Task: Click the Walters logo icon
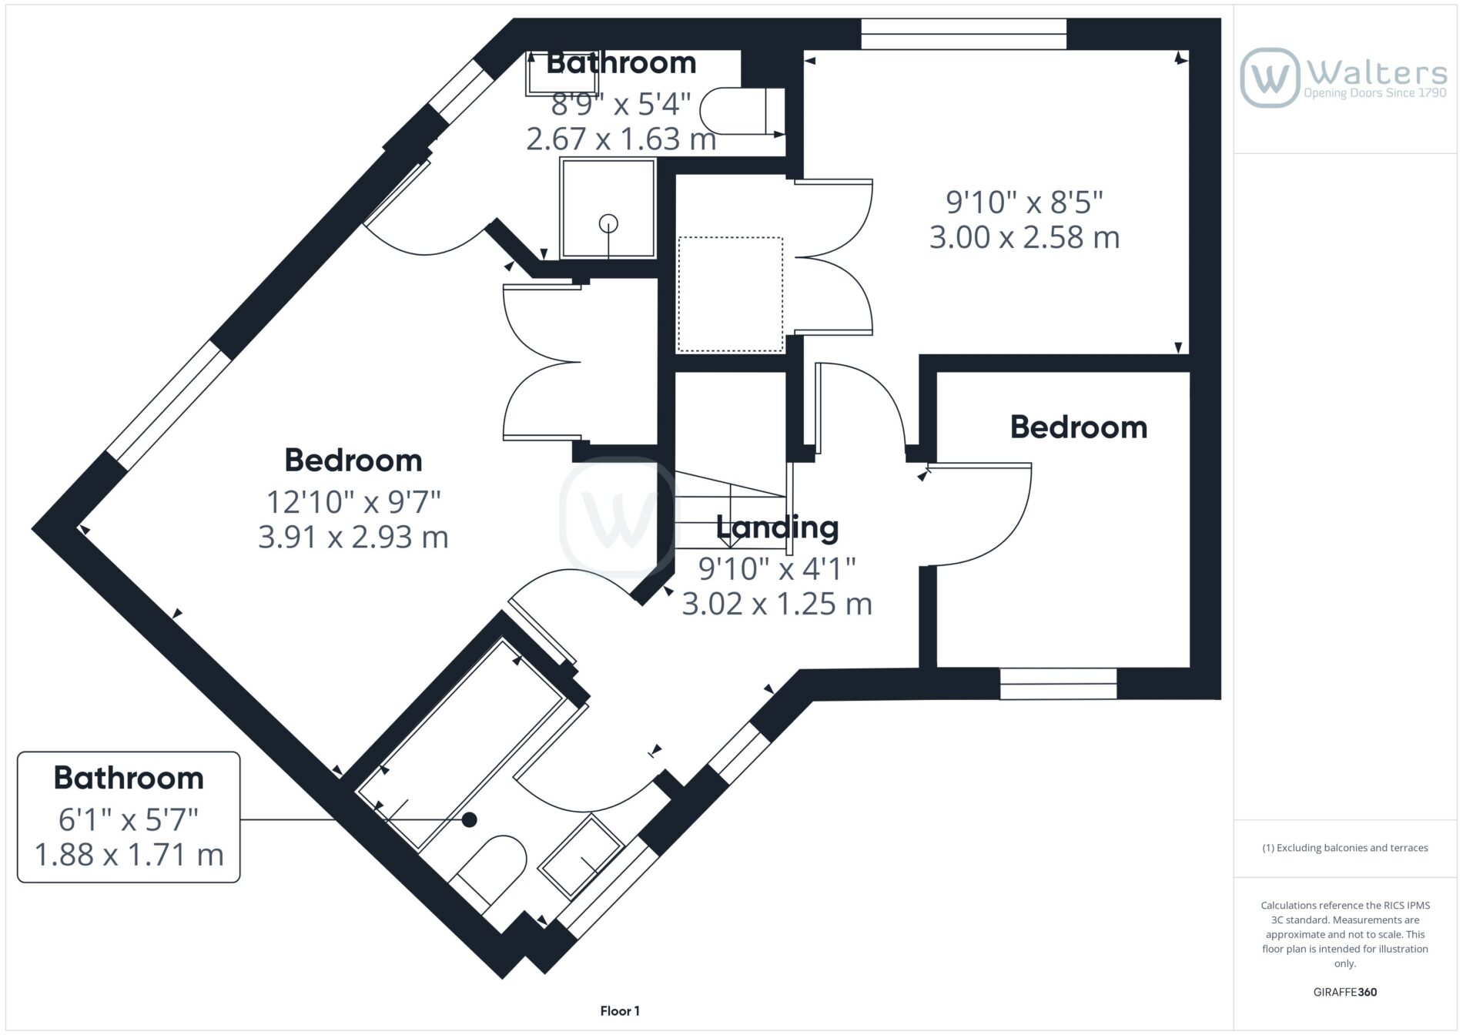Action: tap(1270, 77)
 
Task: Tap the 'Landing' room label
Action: tap(777, 528)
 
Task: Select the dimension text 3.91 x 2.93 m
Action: tap(353, 537)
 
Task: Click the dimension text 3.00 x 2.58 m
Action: tap(1024, 237)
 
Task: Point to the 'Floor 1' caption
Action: tap(620, 1011)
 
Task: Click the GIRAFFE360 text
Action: tap(1345, 992)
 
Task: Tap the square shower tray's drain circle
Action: tap(608, 223)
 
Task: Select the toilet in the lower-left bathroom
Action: tap(490, 873)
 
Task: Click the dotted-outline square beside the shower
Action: tap(730, 294)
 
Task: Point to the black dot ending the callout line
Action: tap(469, 820)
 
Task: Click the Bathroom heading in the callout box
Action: tap(129, 778)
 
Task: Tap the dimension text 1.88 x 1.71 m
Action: tap(129, 855)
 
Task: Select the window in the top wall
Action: tap(963, 34)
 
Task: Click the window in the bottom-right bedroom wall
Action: tap(1058, 684)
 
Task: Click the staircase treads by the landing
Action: tap(731, 512)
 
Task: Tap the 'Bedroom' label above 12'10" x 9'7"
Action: tap(353, 461)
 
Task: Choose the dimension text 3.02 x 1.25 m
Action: tap(777, 604)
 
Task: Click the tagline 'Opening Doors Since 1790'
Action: tap(1375, 93)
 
